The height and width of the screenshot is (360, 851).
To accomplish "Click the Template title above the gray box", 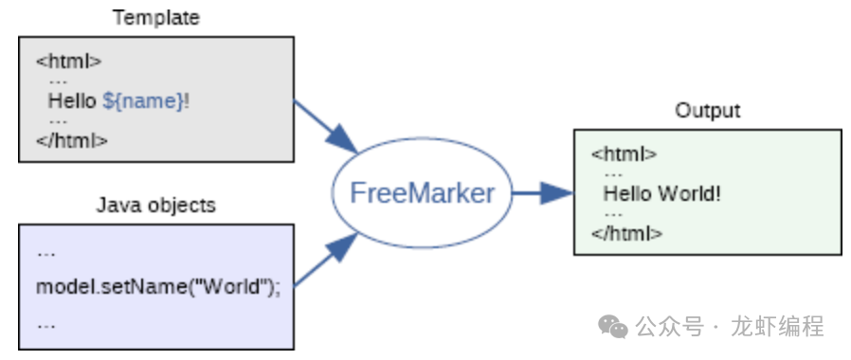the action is [156, 18].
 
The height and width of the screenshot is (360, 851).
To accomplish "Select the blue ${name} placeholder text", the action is [144, 101].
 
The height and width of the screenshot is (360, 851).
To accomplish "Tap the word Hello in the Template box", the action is [72, 100].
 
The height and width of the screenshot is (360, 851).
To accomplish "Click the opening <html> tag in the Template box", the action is [69, 61].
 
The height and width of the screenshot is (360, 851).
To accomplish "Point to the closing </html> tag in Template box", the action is [72, 140].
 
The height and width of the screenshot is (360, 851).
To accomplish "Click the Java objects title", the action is [156, 206].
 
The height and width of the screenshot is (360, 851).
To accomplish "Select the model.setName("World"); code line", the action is [158, 286].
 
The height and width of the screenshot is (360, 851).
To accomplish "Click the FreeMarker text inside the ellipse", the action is [423, 193].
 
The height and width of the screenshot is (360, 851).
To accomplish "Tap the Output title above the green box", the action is [708, 111].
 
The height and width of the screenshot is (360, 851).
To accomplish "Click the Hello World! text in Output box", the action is [662, 193].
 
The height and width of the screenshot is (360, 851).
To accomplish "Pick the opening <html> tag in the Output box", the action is [625, 154].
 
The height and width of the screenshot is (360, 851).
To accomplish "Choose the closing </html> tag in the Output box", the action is [627, 234].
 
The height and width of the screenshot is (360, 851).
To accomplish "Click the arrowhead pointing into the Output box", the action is [557, 192].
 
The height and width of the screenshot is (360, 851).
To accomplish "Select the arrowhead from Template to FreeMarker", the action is [342, 139].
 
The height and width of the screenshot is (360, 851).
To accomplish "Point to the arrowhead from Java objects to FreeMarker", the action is [342, 246].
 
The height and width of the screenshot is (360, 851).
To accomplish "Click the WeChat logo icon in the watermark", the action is [613, 327].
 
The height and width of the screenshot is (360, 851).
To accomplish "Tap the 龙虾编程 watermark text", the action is [778, 327].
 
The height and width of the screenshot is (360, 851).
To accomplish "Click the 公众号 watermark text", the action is [670, 327].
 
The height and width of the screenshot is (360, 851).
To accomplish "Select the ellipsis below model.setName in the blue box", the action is [46, 326].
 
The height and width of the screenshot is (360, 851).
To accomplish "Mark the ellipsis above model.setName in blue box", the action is [46, 254].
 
